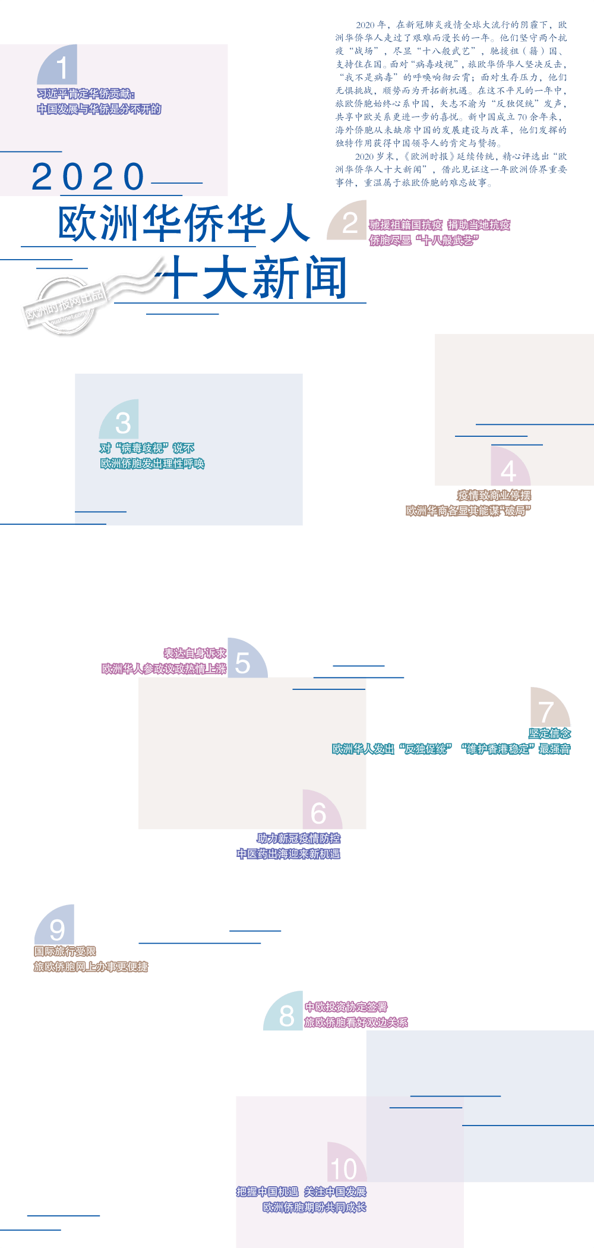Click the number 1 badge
pos(59,67)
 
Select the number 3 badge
pos(121,421)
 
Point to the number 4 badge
pos(509,469)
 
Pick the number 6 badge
pos(320,812)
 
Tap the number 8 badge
pos(285,1013)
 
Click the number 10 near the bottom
pos(343,1169)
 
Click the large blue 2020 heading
pos(88,177)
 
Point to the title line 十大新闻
pos(255,278)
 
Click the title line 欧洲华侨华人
pos(184,224)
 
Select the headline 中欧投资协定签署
pos(346,1007)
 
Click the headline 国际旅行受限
pos(65,951)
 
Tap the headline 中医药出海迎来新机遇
pos(289,854)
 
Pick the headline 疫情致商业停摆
pos(494,495)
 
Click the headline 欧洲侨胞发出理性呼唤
pos(153,464)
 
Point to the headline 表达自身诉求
pos(195,653)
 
